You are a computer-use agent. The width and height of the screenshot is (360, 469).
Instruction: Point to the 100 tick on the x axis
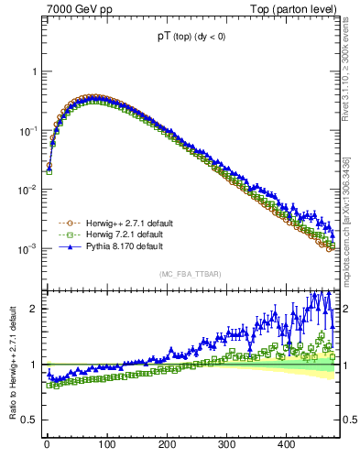click(x=107, y=445)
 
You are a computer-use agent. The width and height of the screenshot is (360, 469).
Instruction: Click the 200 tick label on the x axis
click(x=167, y=445)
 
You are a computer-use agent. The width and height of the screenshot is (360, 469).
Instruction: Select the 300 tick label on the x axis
click(x=227, y=445)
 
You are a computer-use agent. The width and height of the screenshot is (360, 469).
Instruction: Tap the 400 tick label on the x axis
click(x=287, y=445)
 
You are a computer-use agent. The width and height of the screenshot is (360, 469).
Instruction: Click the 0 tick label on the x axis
click(x=47, y=445)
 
